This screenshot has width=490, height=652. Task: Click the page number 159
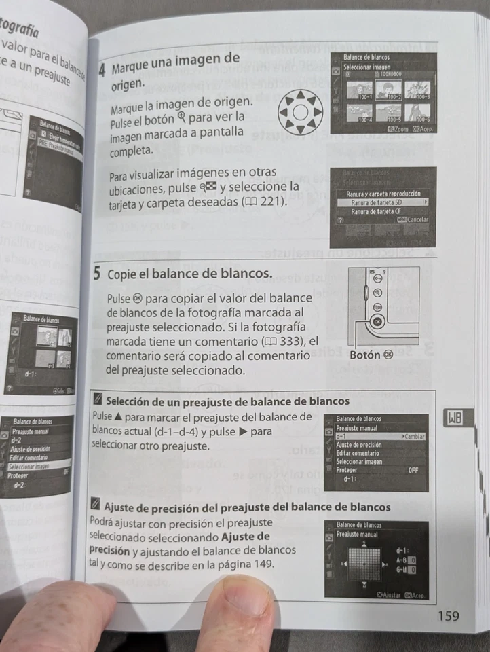tap(449, 616)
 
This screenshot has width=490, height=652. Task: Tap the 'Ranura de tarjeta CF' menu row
tap(380, 211)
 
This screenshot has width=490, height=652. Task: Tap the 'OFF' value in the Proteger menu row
tap(414, 469)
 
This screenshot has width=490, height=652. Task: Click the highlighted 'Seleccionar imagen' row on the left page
tap(31, 467)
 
